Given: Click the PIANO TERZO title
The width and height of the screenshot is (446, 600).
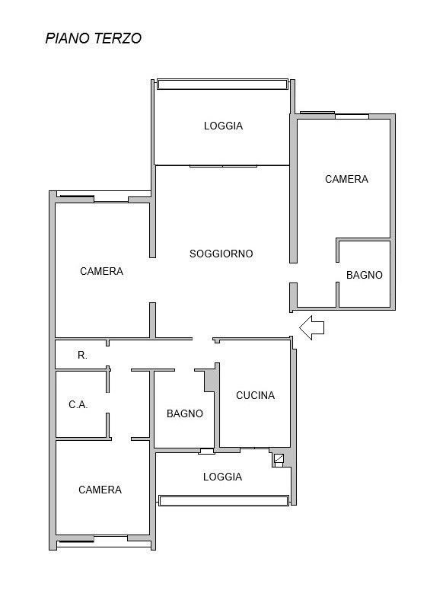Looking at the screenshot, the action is tap(94, 38).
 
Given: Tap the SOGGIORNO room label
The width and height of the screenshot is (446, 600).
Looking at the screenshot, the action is tap(221, 254).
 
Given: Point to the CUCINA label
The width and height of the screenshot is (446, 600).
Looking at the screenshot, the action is tap(255, 395).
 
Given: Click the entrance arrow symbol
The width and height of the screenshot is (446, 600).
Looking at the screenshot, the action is tap(311, 327).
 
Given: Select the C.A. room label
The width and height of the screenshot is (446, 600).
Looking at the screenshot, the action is tap(78, 404).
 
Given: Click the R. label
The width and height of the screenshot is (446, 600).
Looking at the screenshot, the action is tap(82, 355).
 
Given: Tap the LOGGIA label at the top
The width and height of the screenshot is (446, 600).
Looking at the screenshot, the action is tap(223, 126).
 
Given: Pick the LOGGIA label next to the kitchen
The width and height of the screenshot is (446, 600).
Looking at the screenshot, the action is tap(222, 477).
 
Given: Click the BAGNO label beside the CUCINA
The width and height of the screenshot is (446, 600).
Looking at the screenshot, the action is tap(185, 413).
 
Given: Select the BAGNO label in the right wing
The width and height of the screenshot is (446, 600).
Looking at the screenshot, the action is tap(364, 275).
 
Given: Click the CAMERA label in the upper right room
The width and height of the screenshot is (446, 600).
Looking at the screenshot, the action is tap(346, 179).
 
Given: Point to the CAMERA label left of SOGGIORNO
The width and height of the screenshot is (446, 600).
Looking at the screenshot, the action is tap(101, 271).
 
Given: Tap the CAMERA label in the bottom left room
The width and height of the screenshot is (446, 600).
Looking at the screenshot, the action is tap(100, 490).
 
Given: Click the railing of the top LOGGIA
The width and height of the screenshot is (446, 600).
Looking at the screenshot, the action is tap(222, 85).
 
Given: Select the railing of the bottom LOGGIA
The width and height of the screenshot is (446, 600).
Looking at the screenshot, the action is tap(224, 500).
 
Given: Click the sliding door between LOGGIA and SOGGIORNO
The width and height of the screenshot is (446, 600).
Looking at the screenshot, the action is tap(224, 166).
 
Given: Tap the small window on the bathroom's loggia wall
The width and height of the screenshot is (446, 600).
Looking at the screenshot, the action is tap(207, 452).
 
